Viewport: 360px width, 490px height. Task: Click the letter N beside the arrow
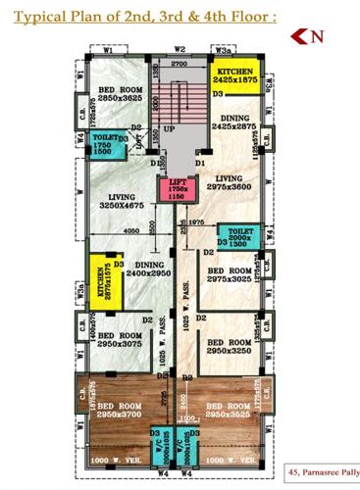coord(317,38)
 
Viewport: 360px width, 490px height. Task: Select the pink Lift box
coord(178,188)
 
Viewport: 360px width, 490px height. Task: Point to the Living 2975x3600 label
coord(235,182)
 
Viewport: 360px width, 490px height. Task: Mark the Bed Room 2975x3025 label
coord(230,274)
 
